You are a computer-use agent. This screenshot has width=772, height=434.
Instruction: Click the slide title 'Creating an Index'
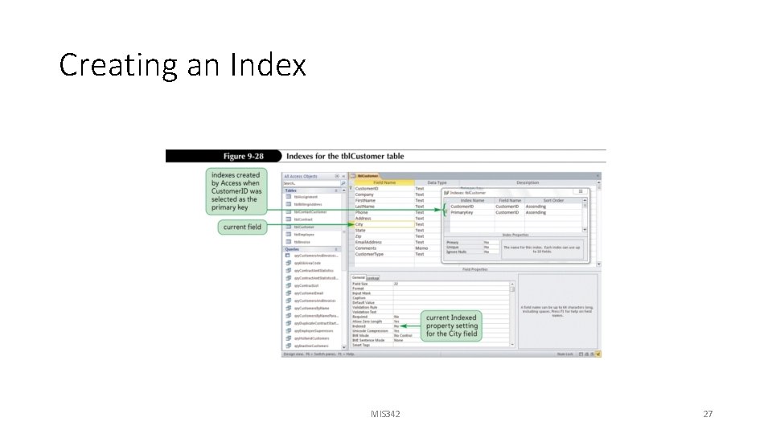(183, 64)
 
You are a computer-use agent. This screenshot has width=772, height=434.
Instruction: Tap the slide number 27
(708, 414)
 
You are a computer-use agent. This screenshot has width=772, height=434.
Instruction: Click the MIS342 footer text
(385, 414)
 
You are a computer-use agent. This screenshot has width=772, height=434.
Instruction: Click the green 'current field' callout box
(242, 227)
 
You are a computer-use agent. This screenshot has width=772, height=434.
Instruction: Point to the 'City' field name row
(359, 224)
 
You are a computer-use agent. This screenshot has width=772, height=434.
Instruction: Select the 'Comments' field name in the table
(366, 248)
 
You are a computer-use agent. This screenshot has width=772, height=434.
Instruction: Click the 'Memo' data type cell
(421, 248)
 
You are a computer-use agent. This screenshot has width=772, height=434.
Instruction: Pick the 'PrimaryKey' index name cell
(462, 212)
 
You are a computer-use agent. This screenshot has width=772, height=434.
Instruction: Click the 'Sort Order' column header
(554, 200)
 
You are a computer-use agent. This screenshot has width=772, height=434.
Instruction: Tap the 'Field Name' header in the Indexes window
(510, 200)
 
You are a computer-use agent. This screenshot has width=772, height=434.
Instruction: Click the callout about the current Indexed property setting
(451, 325)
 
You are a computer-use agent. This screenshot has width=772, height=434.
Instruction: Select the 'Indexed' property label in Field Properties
(359, 325)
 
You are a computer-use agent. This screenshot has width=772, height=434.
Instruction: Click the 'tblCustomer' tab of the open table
(368, 176)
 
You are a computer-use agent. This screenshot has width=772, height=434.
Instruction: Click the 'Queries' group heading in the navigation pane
(293, 249)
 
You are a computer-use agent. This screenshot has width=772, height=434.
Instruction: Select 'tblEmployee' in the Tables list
(305, 234)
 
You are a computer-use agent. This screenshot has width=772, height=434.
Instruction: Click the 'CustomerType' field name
(370, 254)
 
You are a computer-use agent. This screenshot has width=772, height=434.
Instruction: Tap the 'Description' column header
(528, 182)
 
